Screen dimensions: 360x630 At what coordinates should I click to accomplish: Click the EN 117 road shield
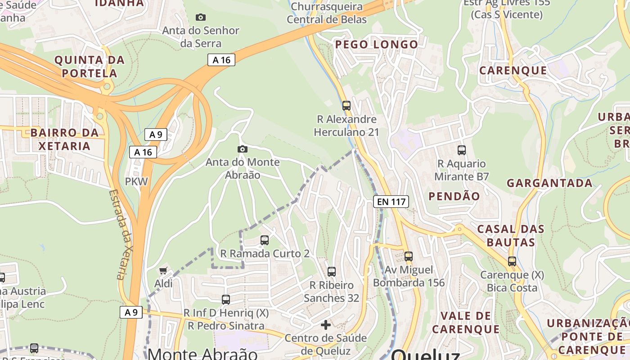[x=391, y=202]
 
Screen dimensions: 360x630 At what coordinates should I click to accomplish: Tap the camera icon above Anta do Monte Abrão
[x=243, y=149]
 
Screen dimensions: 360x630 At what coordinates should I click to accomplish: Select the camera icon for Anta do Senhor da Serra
[x=201, y=17]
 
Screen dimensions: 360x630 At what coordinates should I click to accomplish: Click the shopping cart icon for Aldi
[x=163, y=270]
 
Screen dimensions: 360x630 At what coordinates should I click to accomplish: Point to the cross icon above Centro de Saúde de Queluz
[x=326, y=324]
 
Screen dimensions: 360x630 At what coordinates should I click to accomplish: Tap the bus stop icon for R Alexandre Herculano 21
[x=346, y=106]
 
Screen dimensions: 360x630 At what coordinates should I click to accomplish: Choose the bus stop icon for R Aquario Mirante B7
[x=461, y=150]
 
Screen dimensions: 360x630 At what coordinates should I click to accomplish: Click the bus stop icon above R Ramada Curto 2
[x=265, y=240]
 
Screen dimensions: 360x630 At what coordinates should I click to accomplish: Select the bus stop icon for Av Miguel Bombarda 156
[x=408, y=256]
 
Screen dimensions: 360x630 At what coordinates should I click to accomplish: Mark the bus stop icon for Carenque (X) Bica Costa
[x=512, y=261]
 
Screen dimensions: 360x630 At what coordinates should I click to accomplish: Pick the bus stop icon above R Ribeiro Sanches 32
[x=332, y=272]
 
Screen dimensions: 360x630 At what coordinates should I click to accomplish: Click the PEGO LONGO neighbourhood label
[x=377, y=45]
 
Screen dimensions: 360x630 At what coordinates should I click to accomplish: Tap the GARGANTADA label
[x=549, y=183]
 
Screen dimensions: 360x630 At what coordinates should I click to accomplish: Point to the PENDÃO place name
[x=454, y=196]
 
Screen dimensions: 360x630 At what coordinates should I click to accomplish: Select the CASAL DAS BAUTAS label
[x=510, y=235]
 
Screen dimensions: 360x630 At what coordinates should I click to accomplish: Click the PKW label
[x=136, y=182]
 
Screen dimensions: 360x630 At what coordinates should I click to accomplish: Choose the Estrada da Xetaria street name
[x=121, y=234]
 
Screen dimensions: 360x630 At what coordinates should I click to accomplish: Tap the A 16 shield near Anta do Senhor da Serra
[x=221, y=60]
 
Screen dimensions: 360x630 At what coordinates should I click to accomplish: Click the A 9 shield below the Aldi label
[x=131, y=312]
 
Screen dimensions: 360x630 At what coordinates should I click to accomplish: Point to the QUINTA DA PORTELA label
[x=89, y=66]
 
